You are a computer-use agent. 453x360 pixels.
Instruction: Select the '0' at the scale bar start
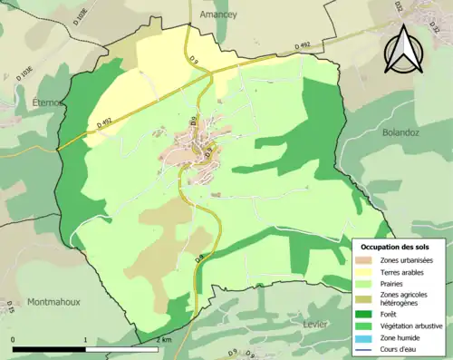(14, 339)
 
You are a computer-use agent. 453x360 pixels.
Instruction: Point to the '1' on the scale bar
(85, 339)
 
